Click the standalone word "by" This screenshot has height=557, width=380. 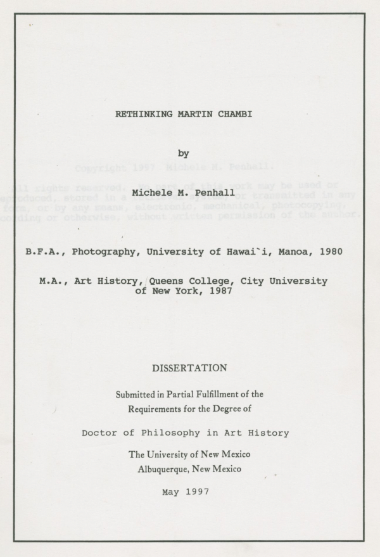coord(184,153)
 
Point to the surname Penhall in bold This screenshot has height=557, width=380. coord(215,192)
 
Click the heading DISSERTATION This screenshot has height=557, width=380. coord(189,368)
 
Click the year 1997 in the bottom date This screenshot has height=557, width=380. coord(198,491)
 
